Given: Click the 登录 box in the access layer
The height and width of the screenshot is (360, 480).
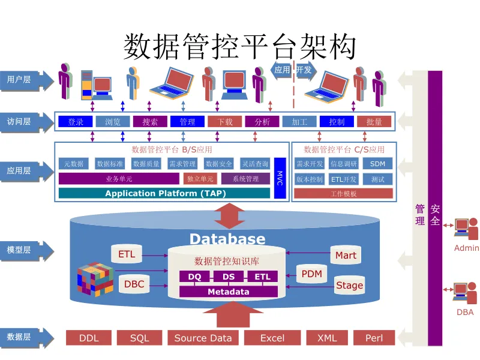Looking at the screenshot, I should (76, 122).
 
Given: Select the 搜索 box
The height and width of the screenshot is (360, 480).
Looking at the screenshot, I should (150, 122).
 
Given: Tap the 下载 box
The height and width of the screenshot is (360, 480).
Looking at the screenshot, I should (224, 122).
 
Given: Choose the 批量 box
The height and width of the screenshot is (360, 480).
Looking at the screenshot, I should (374, 122).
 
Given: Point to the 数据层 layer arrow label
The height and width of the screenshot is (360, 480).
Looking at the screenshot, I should (20, 337).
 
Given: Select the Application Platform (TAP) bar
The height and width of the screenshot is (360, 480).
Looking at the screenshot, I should (164, 193).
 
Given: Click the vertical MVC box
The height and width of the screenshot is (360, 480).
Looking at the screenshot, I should (279, 178).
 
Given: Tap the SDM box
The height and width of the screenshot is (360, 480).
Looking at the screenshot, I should (377, 164).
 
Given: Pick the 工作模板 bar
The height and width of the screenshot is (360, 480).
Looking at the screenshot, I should (343, 194).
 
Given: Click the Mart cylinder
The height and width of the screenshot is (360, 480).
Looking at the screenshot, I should (346, 256).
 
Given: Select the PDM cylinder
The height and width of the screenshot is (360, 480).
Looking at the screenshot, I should (311, 274).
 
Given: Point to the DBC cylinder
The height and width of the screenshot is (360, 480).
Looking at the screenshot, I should (134, 284).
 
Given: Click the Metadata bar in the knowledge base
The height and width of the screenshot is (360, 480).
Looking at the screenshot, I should (229, 292).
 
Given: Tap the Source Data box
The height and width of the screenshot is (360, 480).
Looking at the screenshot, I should (203, 338).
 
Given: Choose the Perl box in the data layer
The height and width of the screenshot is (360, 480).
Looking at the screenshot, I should (374, 338).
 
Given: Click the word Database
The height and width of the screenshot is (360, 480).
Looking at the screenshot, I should (227, 239).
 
